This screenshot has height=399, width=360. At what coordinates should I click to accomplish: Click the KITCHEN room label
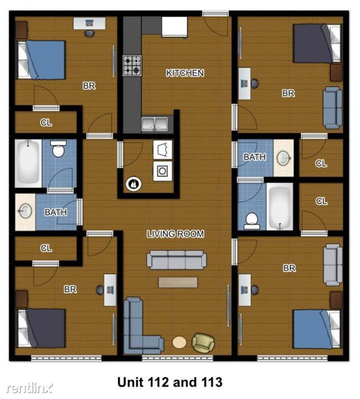[x=185, y=73]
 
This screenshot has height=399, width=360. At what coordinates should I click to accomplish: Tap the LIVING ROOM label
[x=175, y=234]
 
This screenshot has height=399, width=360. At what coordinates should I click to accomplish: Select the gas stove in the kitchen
[x=132, y=66]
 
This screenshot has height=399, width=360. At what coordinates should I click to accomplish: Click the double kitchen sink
[x=154, y=125]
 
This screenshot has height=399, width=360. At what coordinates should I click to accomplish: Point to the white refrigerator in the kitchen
[x=175, y=27]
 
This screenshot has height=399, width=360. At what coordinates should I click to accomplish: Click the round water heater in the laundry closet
[x=134, y=184]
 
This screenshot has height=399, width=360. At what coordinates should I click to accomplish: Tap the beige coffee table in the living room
[x=178, y=282]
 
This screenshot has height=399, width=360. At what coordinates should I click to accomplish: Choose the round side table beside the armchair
[x=179, y=342]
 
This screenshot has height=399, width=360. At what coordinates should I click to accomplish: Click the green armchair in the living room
[x=203, y=343]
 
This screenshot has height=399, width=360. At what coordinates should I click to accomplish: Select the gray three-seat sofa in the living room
[x=177, y=260]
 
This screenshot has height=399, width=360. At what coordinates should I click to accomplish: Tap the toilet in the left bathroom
[x=58, y=148]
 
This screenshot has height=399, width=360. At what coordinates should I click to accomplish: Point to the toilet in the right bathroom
[x=252, y=221]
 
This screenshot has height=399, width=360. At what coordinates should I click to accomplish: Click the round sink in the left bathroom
[x=26, y=211]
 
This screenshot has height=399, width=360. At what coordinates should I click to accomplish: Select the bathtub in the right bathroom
[x=280, y=206]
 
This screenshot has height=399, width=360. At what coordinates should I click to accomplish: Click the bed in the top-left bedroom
[x=41, y=60]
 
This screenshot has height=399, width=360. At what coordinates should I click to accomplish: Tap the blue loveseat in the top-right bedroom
[x=333, y=108]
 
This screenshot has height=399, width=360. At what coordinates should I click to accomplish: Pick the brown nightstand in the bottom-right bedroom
[x=336, y=300]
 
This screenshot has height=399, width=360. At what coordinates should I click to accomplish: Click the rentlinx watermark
[x=30, y=388]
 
